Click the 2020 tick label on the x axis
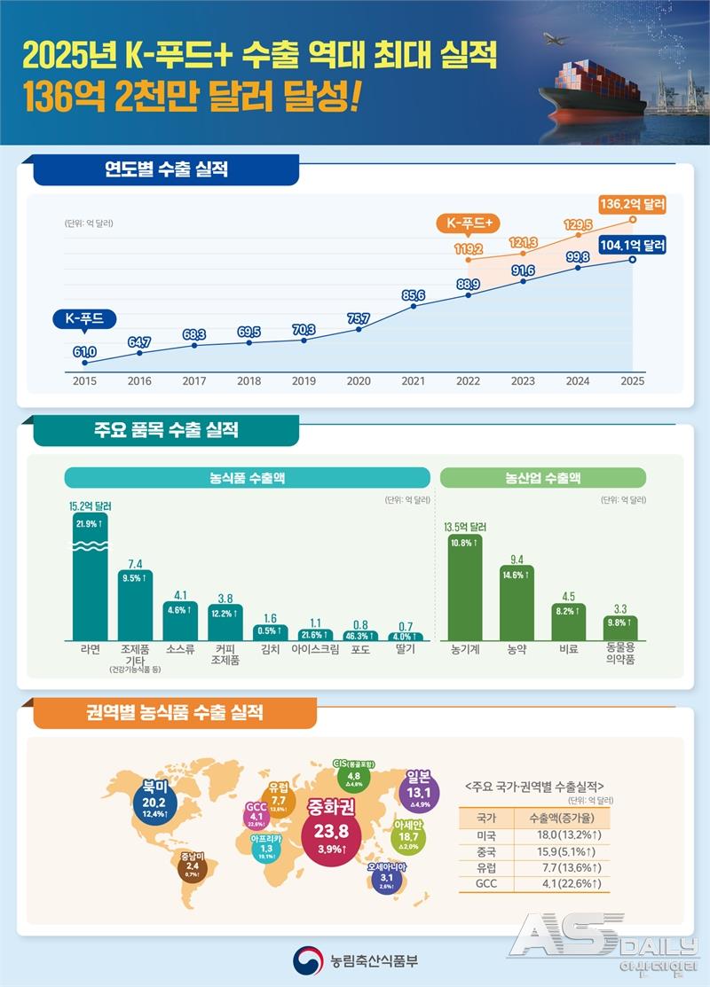point(359,380)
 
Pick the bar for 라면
point(95,576)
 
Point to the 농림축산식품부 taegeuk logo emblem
point(306,960)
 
